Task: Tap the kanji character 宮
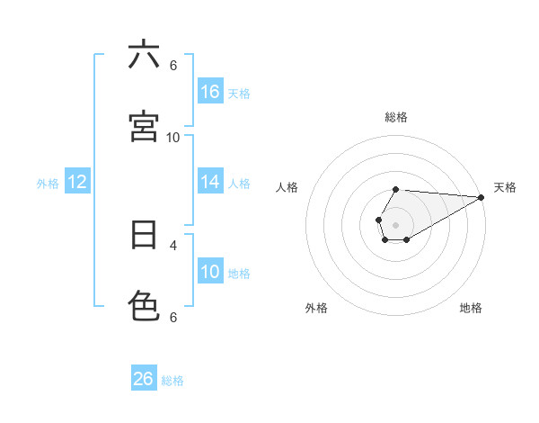point(144,126)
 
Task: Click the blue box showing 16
point(210,92)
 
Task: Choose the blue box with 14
point(210,182)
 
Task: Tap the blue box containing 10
point(210,272)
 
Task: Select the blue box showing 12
point(77,183)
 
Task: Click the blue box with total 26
point(144,379)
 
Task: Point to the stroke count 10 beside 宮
point(173,137)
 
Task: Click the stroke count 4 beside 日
point(173,244)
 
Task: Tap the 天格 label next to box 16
point(239,93)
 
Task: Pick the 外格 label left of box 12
point(48,184)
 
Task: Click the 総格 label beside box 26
point(172,381)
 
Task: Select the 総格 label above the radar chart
point(395,117)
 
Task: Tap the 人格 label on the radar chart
point(287,187)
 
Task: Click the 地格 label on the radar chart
point(471,308)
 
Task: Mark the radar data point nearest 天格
point(482,196)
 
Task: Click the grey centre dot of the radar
point(395,223)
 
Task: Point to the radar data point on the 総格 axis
point(395,189)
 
